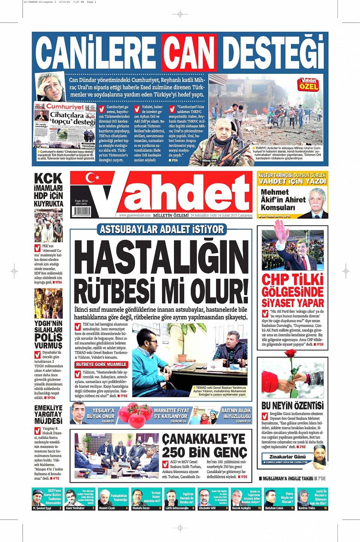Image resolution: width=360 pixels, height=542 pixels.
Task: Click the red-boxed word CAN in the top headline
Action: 189,53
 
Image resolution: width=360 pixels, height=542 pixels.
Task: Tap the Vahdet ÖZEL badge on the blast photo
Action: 308,84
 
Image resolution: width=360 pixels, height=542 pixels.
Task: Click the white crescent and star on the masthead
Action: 91,177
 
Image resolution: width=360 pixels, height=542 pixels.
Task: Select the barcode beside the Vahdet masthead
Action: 81,211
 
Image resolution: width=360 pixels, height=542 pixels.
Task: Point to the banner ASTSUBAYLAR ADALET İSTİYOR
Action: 162,229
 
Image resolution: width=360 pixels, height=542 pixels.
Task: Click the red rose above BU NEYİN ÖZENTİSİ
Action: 291,353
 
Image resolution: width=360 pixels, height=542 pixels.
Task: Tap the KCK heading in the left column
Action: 48,178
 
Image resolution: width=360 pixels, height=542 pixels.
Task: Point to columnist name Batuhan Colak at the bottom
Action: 274,508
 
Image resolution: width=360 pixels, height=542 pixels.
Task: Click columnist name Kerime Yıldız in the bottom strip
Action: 307,508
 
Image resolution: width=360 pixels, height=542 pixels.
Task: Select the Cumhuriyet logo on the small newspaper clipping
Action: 65,107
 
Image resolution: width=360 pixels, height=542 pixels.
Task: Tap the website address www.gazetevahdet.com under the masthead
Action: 135,216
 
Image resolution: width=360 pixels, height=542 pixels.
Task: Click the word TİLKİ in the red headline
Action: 307,280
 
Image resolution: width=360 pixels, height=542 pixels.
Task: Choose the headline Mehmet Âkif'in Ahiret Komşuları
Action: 283,199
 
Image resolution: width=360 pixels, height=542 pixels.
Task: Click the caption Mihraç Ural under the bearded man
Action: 209,160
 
